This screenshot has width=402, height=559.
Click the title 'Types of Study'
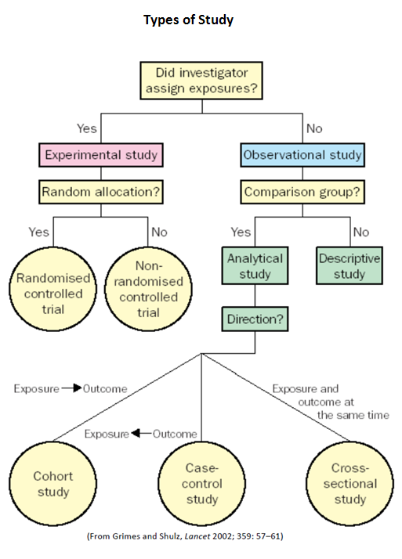click(x=188, y=20)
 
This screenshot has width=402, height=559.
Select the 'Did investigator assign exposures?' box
click(x=202, y=80)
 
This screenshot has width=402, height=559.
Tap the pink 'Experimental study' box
click(x=101, y=154)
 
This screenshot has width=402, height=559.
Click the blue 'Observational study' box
click(x=302, y=154)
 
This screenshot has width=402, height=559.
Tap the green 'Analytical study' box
click(x=255, y=265)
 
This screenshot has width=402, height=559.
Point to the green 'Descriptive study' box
click(x=349, y=265)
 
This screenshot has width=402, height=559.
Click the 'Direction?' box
click(x=255, y=319)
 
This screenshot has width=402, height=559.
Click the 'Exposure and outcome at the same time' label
click(x=329, y=402)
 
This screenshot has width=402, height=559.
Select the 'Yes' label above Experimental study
click(x=86, y=128)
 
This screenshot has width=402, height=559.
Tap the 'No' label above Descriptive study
click(x=360, y=232)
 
